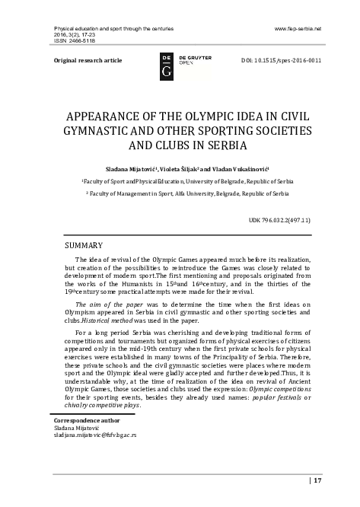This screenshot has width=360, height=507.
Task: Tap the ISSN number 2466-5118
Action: coord(78,41)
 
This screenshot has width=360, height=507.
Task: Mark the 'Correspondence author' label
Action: coord(84,420)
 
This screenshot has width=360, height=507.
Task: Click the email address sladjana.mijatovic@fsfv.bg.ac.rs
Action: coord(92,435)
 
